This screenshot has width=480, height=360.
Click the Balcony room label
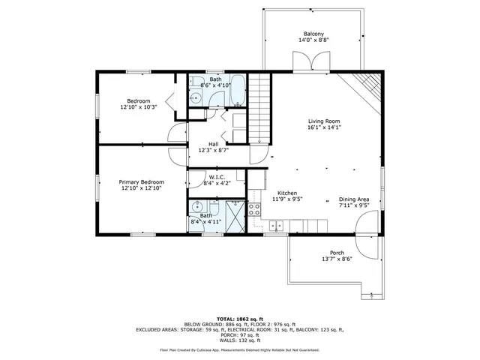313,34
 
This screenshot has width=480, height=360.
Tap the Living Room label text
324,121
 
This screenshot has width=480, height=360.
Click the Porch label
337,253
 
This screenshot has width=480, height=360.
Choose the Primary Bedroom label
141,182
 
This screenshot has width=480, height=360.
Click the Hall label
213,144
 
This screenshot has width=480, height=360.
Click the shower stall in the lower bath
235,217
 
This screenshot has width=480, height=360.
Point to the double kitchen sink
276,224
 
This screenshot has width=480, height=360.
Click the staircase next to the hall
259,109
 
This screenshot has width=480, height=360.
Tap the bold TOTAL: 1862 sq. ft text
239,317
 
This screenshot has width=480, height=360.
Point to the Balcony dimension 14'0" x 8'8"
313,40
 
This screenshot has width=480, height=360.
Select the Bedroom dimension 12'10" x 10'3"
138,107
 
